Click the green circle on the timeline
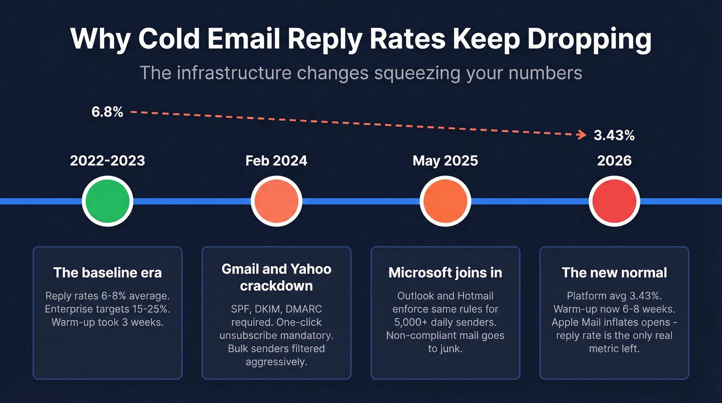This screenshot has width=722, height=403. coord(107,201)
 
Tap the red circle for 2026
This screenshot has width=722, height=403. coord(614,201)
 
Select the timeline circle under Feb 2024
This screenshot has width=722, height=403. coord(276,201)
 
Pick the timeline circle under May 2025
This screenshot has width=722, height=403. coord(445,201)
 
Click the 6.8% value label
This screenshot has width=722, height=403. coord(107,111)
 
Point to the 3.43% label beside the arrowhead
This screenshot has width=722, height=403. coord(614,136)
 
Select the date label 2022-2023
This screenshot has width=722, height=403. coord(107,161)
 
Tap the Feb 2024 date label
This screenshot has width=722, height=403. coord(276,161)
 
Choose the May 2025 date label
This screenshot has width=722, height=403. coord(445,161)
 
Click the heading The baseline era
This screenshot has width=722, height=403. coord(107,272)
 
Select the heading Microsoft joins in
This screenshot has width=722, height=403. coord(445,272)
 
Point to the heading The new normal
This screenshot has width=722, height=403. coord(614,272)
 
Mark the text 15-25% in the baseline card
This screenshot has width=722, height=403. coord(152,309)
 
